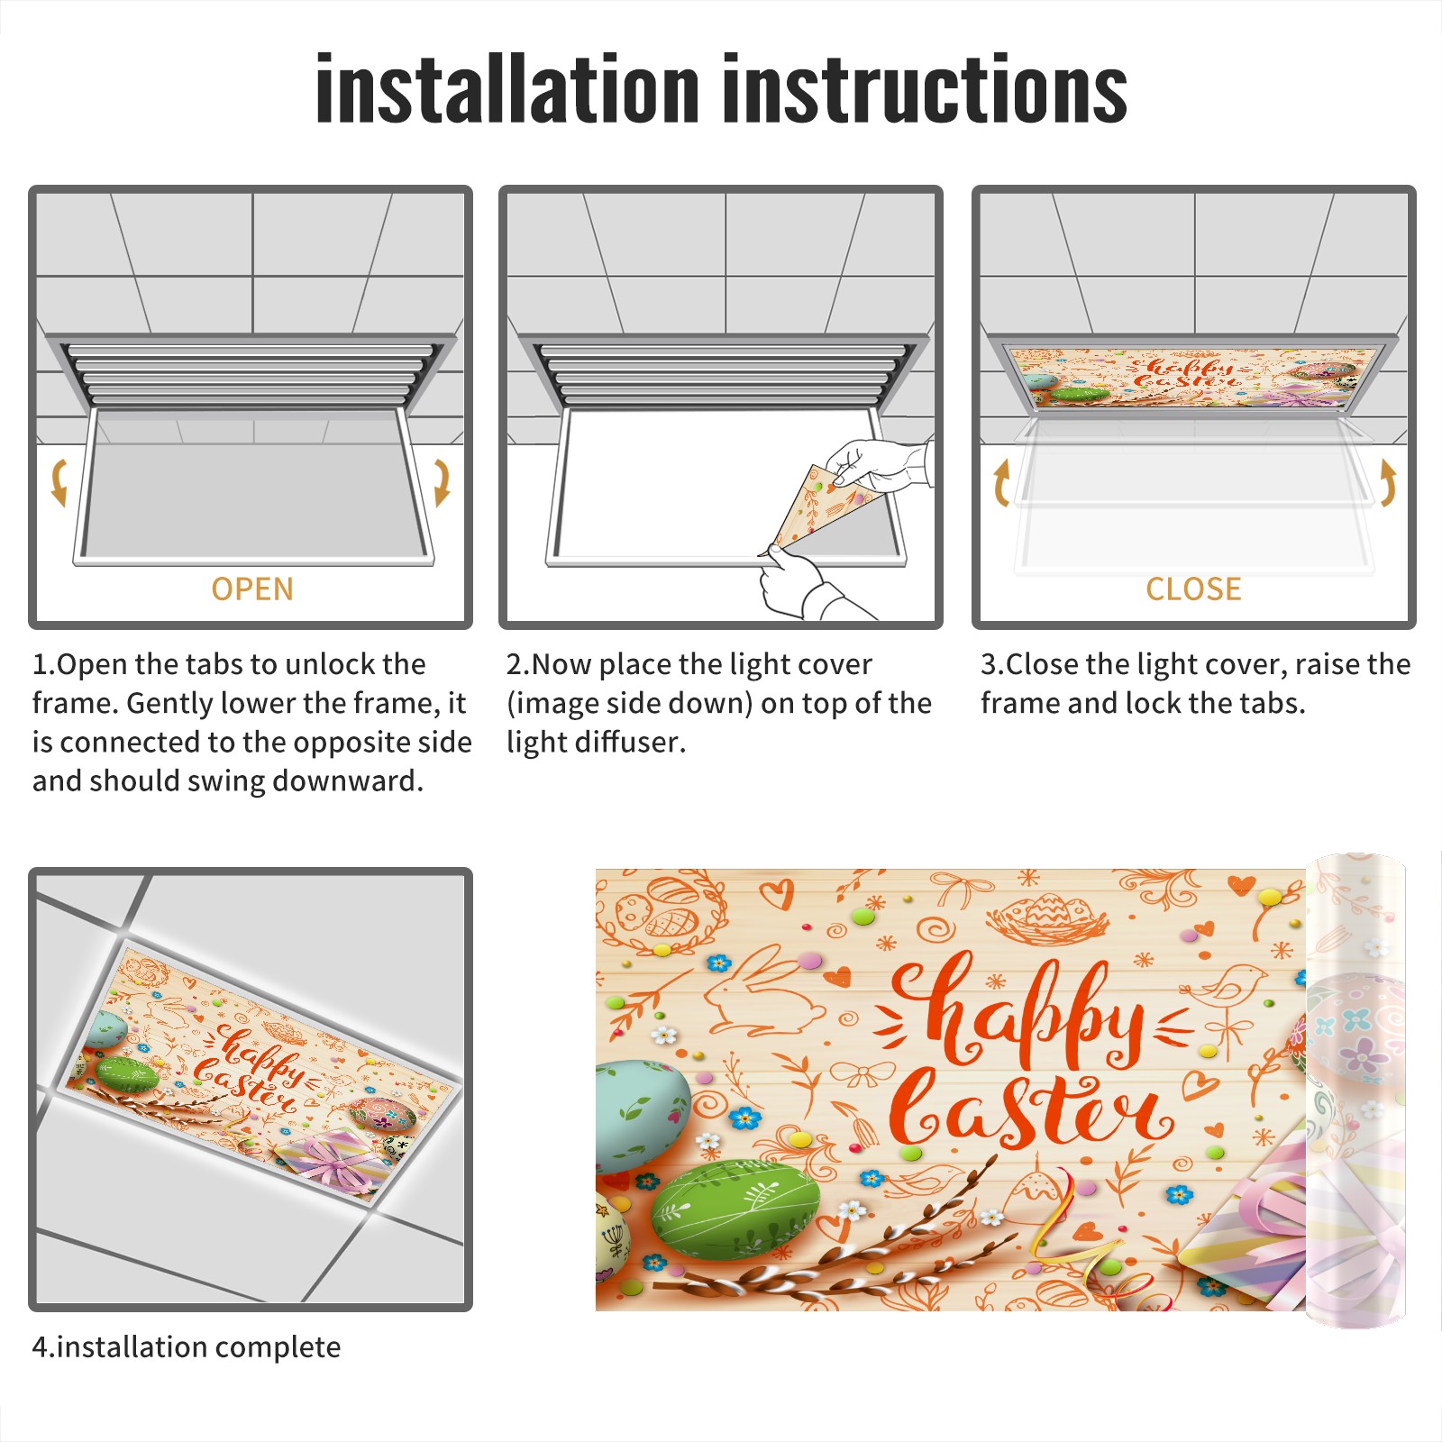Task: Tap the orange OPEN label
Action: (x=252, y=589)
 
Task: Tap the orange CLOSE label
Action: (x=1193, y=589)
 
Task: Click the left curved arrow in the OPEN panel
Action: (x=58, y=482)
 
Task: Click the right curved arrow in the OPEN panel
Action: (x=442, y=482)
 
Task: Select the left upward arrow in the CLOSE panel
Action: (x=1000, y=483)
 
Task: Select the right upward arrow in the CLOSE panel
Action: (x=1388, y=483)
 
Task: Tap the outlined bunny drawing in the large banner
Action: (x=762, y=991)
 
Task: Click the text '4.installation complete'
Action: (x=187, y=1347)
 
